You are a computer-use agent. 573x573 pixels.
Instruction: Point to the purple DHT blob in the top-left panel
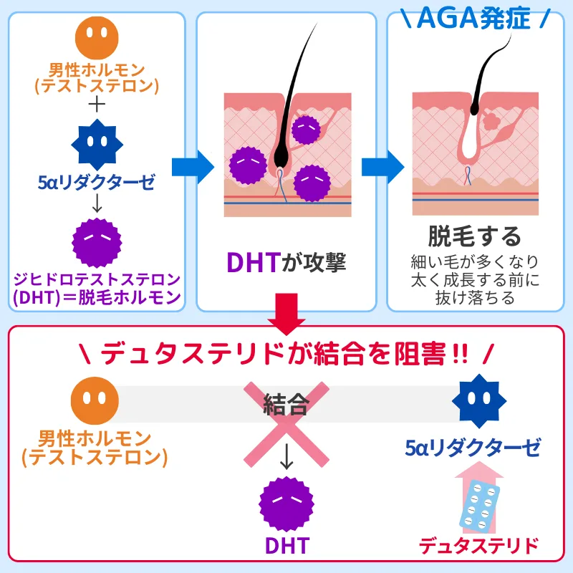(x=97, y=240)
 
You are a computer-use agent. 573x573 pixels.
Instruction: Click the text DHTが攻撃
(x=286, y=263)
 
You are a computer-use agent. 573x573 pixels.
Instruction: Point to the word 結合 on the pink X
(x=286, y=405)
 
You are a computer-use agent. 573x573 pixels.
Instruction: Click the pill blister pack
(x=479, y=505)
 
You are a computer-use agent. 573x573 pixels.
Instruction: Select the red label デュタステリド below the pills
(x=479, y=546)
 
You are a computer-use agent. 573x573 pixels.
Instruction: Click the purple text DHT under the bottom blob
(x=286, y=546)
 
